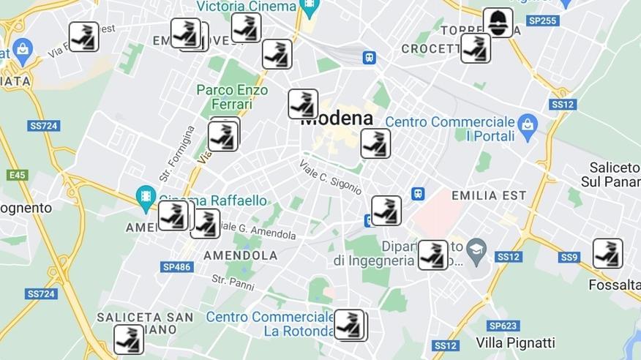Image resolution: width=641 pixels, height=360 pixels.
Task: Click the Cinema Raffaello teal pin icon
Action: pos(146,198)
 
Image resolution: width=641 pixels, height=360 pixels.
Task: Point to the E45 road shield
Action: pos(16,175)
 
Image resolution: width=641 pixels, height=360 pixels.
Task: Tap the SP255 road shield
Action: pos(542,20)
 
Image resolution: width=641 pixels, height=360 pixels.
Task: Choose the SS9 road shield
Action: pos(569,257)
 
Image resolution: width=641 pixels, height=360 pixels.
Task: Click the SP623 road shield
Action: pos(503,326)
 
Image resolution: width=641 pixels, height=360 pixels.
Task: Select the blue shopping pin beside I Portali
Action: pos(527,127)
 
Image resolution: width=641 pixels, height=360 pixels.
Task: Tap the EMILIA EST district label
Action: pos(489,195)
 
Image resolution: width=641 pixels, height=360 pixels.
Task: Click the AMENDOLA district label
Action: pos(240,255)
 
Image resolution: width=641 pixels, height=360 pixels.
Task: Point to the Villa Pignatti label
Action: pos(515,342)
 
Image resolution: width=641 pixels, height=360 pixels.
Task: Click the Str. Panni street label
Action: pos(232,281)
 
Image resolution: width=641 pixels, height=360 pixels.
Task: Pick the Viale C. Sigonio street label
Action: pos(330,177)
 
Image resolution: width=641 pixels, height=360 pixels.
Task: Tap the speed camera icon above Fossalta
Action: pos(607,253)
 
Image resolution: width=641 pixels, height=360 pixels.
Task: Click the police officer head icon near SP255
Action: pos(498,23)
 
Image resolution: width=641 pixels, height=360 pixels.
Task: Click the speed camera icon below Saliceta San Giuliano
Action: pos(129,340)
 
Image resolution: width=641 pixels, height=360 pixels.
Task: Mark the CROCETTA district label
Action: pos(430,49)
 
